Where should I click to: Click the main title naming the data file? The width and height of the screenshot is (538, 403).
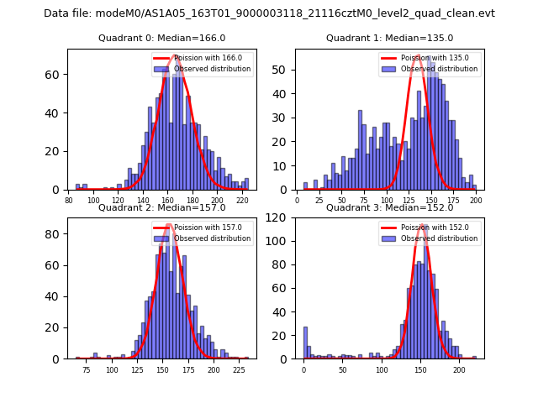[x=269, y=13]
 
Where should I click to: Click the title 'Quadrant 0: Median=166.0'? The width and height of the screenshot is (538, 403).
[x=161, y=38]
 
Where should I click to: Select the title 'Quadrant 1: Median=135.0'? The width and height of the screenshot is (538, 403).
[x=389, y=38]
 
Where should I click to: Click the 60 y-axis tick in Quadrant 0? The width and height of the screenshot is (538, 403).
[x=59, y=75]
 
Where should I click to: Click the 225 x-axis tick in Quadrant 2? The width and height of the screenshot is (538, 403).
[x=239, y=369]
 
